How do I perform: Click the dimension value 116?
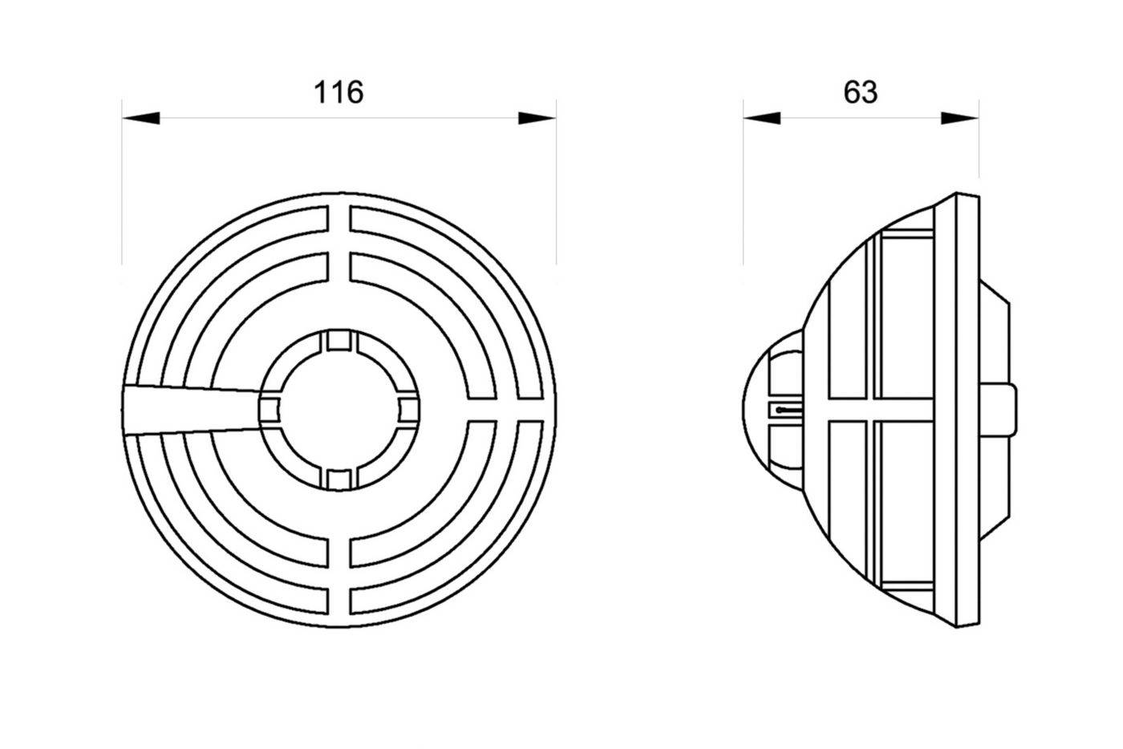pyautogui.click(x=339, y=93)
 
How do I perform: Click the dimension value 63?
pyautogui.click(x=860, y=93)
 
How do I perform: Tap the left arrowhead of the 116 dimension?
pyautogui.click(x=141, y=119)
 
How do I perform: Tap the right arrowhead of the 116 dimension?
pyautogui.click(x=537, y=119)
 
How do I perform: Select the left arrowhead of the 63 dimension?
pyautogui.click(x=761, y=119)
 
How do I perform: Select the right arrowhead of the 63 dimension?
pyautogui.click(x=959, y=119)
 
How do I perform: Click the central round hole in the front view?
pyautogui.click(x=339, y=410)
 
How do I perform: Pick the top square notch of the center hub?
pyautogui.click(x=339, y=341)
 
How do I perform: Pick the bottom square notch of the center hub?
pyautogui.click(x=339, y=480)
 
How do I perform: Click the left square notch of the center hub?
pyautogui.click(x=270, y=410)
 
